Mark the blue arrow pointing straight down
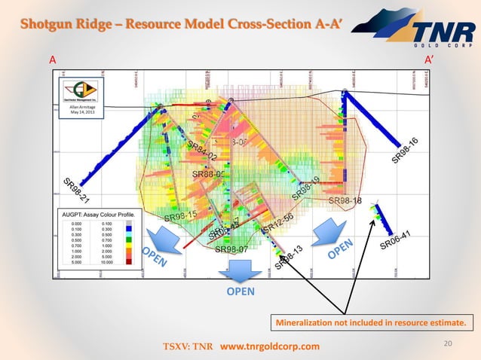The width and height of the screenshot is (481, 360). click(x=234, y=269)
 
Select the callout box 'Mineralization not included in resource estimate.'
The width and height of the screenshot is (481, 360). click(x=369, y=325)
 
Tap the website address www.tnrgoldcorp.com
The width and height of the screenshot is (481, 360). click(x=269, y=346)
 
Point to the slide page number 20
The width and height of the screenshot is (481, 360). click(x=449, y=343)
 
